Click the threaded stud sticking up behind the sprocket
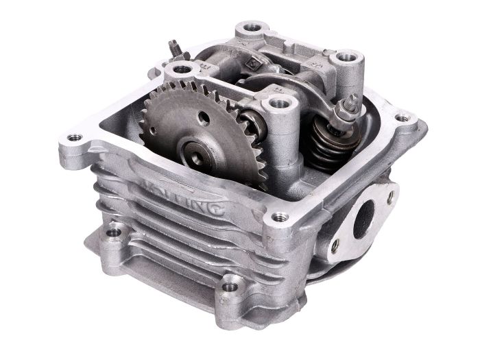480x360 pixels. pos(175,49)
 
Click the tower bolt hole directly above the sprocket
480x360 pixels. pos(181,69)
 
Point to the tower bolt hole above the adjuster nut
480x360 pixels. pos(347,57)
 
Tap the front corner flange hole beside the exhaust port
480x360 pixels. pos(278,217)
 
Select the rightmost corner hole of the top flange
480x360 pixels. pos(403,118)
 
